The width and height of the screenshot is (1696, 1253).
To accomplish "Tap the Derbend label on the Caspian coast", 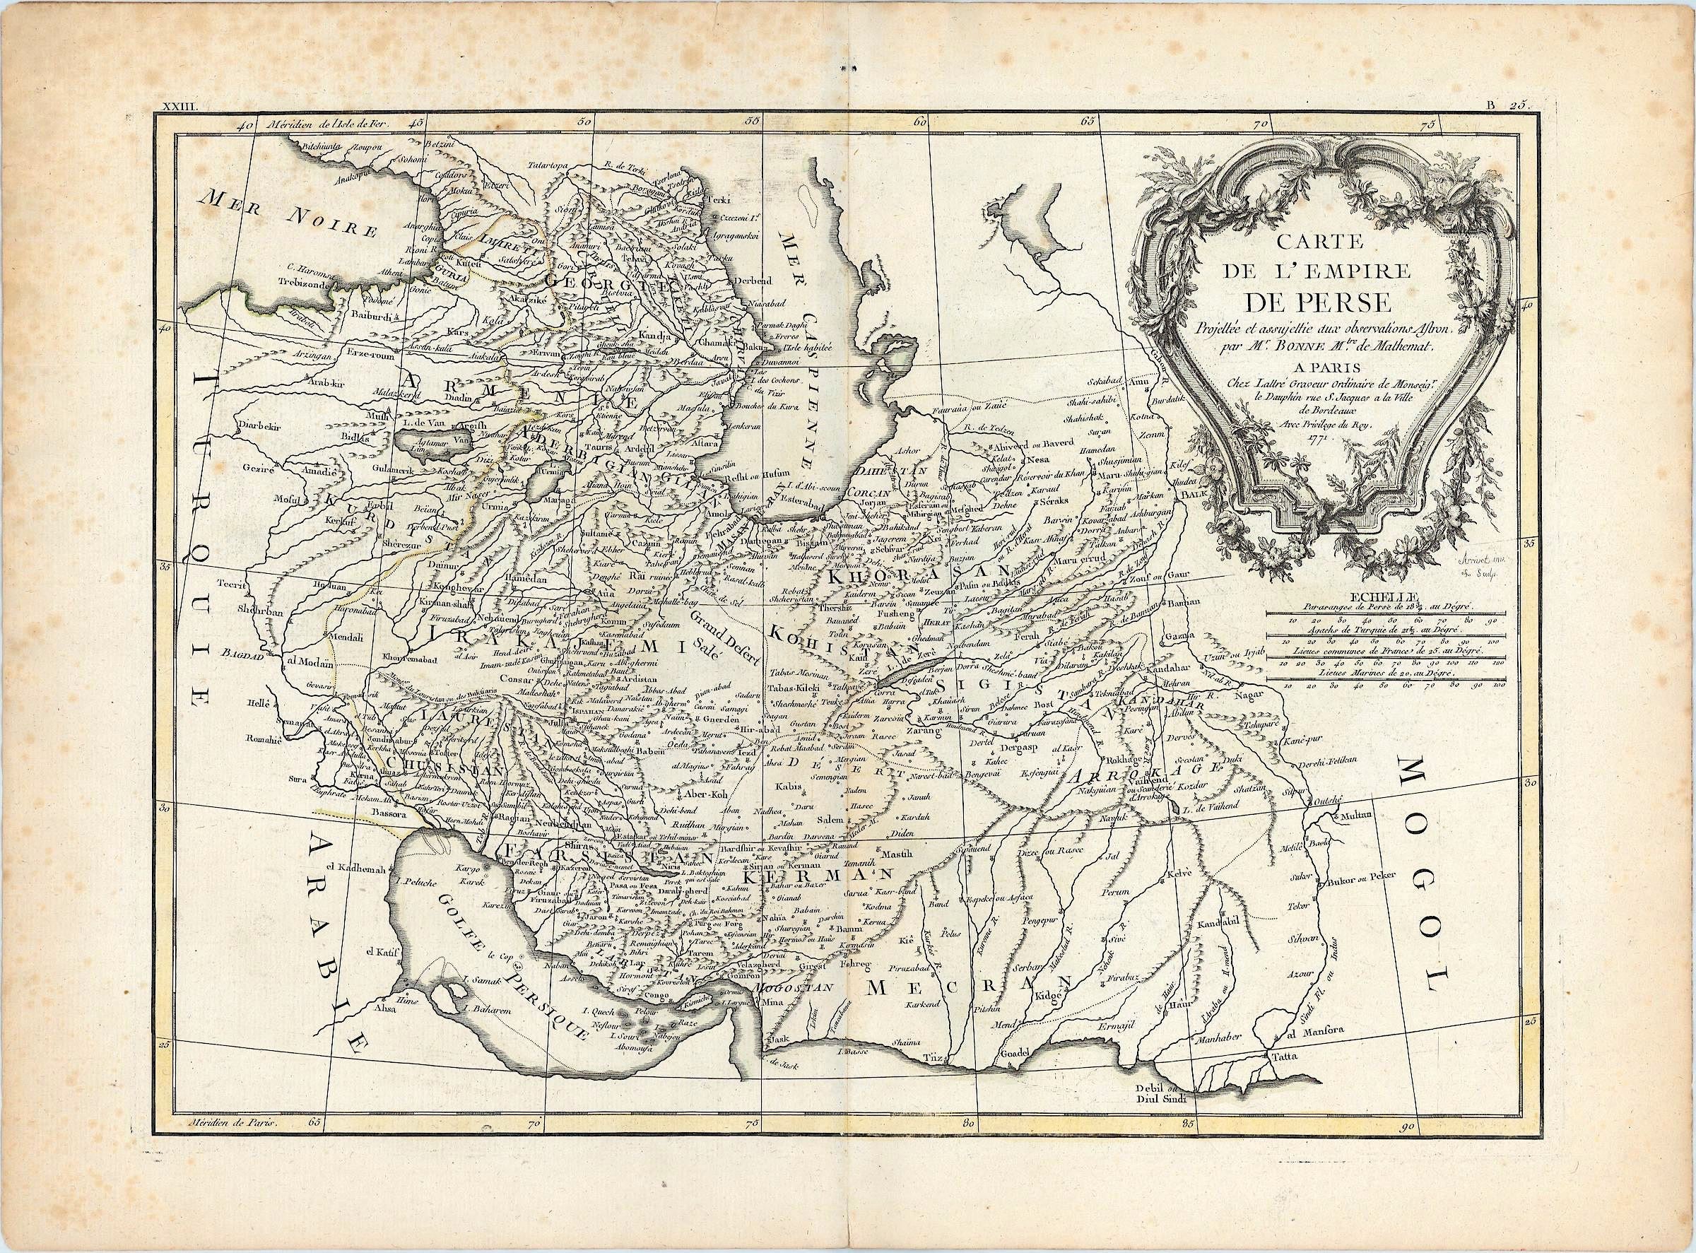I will pyautogui.click(x=749, y=281).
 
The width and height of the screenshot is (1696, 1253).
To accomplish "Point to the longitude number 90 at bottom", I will pyautogui.click(x=1408, y=1151).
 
